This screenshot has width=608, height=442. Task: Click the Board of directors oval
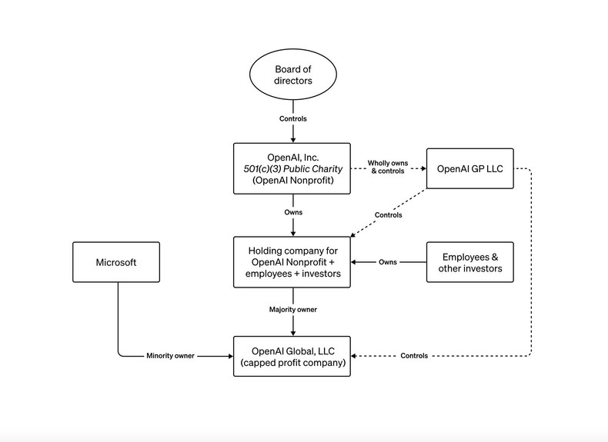point(293,75)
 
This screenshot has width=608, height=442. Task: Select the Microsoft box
point(116,262)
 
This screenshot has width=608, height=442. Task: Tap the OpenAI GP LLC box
point(469,168)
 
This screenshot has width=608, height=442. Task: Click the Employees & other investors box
point(469,262)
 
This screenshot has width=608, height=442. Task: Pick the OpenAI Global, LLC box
point(292,356)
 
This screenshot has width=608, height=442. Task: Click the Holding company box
point(292,262)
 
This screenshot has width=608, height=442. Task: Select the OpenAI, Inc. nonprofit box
point(292,168)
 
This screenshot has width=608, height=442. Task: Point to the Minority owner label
point(170,356)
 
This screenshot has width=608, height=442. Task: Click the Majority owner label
point(292,309)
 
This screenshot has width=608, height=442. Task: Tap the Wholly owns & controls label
point(388,168)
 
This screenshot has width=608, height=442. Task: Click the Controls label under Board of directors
point(293,119)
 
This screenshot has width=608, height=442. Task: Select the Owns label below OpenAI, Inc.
point(293,212)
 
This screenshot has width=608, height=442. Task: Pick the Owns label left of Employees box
point(388,262)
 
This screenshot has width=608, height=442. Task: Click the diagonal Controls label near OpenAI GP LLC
point(388,215)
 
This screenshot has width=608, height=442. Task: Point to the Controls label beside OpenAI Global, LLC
point(414,356)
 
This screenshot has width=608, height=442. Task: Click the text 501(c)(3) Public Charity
point(292,168)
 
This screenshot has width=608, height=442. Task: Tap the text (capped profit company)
point(292,363)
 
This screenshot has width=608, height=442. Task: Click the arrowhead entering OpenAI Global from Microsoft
point(230,356)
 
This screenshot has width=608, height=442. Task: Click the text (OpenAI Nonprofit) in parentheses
point(292,181)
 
